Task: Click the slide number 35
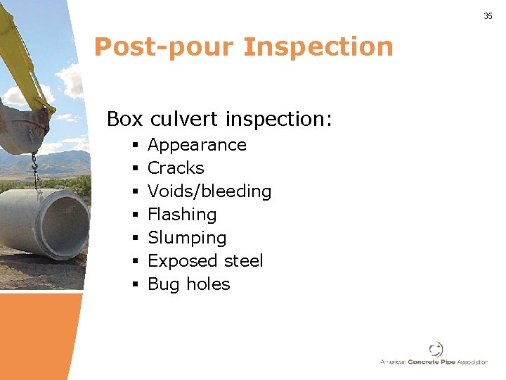coord(488,16)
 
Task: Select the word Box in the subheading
coord(124,119)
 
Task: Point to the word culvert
coord(184,119)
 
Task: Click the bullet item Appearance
coord(197,145)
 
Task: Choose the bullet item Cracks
coord(176,168)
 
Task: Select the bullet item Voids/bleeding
coord(209,191)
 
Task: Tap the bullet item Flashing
coord(182,215)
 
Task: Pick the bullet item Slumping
coord(187,238)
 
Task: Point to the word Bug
coord(164,284)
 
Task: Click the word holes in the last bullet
coord(208,284)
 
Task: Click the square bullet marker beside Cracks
coord(133,169)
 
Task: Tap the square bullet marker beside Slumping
coord(133,239)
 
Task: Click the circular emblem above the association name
coord(436,349)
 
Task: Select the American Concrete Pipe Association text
coord(434,362)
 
